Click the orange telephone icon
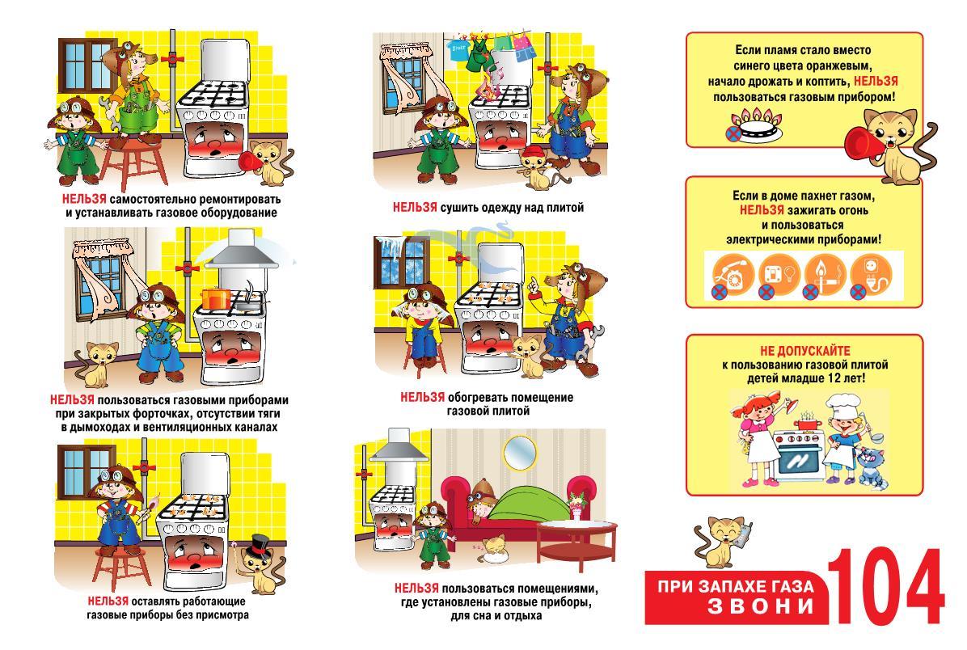point(733,275)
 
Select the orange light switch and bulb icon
point(779,275)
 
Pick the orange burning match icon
point(826,275)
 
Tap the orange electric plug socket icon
point(872,275)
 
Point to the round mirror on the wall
point(519,454)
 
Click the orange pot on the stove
point(215,298)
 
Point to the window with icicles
point(401,263)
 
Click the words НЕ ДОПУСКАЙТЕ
point(804,351)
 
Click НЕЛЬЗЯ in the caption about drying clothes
point(415,208)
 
